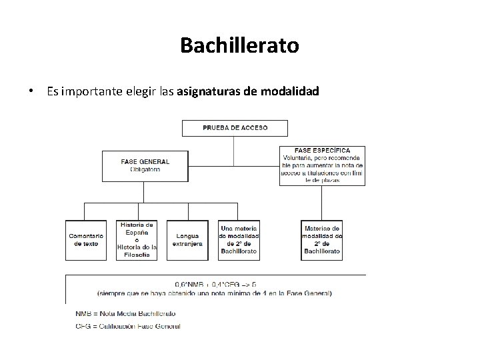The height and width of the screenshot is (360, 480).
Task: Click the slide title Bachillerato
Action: (x=239, y=45)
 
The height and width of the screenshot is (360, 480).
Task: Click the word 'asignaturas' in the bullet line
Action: (x=209, y=92)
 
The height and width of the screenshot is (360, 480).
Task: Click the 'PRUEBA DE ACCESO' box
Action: (x=235, y=127)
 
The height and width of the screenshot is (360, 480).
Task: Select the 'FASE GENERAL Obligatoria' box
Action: (x=144, y=165)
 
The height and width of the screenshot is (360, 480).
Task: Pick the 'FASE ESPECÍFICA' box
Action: (x=322, y=165)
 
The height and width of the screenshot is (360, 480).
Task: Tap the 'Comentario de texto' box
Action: (x=86, y=239)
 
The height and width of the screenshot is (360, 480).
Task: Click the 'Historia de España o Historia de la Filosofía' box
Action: (x=137, y=239)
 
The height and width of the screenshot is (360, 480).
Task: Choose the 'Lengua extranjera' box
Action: (x=187, y=239)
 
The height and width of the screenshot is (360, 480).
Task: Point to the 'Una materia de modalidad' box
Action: (x=239, y=239)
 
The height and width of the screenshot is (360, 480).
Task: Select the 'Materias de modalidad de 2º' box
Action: (x=322, y=239)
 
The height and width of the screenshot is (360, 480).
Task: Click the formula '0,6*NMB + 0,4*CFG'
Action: (x=215, y=283)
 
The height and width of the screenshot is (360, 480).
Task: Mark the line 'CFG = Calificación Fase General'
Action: (x=123, y=326)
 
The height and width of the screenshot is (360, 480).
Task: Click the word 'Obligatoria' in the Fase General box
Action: (x=145, y=169)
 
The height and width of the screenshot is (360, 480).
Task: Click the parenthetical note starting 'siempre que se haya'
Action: (x=215, y=293)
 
